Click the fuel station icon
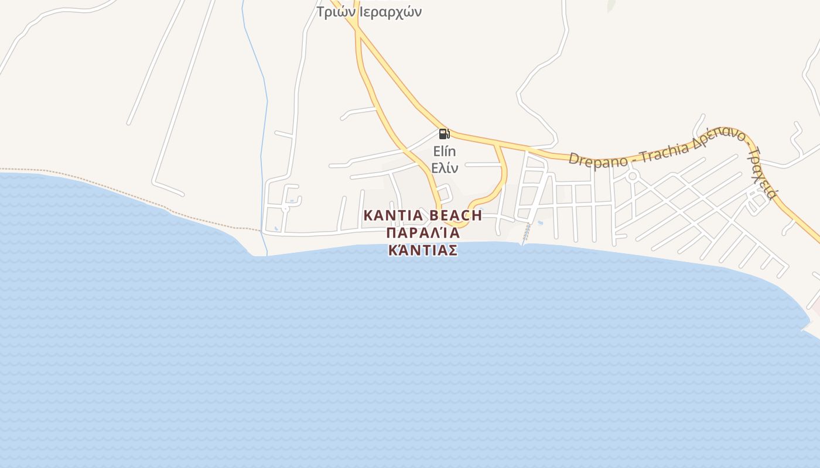pos(444,134)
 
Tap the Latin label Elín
pos(444,151)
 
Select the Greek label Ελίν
pos(444,168)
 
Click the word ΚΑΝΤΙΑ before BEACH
pos(394,215)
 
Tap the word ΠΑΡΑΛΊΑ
pos(422,233)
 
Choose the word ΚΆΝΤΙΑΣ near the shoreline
pos(422,250)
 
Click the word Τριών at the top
pos(334,12)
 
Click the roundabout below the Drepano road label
pos(632,176)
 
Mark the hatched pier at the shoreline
pos(527,234)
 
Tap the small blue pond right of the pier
pos(540,222)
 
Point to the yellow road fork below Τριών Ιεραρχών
pos(358,29)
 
